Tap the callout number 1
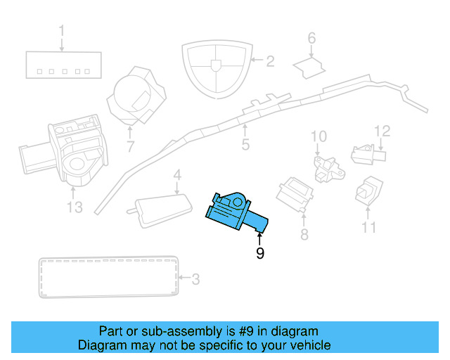point(62,31)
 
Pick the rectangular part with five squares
point(62,65)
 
